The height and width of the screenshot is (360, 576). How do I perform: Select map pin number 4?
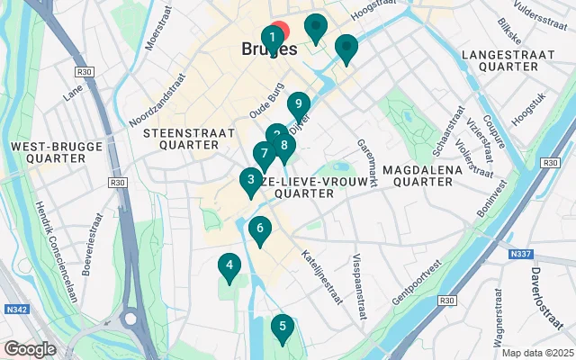tap(229, 265)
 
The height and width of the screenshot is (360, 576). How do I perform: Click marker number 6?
tap(259, 229)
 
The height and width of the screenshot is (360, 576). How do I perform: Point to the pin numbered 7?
tap(264, 154)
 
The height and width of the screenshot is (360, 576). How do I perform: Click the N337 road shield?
tap(520, 255)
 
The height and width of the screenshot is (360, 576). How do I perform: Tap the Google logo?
tap(30, 348)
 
